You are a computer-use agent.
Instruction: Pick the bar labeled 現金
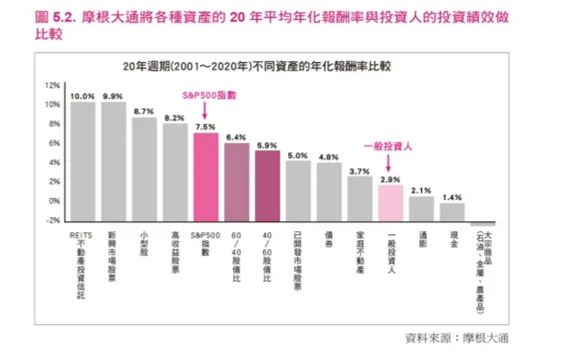452,211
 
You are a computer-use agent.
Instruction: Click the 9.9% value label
113,95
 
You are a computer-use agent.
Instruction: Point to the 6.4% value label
236,137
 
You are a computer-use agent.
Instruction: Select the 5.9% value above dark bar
267,144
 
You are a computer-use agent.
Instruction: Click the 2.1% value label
421,189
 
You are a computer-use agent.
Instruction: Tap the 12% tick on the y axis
52,85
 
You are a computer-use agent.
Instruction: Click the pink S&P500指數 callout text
204,94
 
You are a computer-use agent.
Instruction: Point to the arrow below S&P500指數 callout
205,111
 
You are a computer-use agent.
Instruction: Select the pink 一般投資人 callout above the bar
388,145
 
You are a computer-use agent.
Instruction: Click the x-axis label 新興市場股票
112,253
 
